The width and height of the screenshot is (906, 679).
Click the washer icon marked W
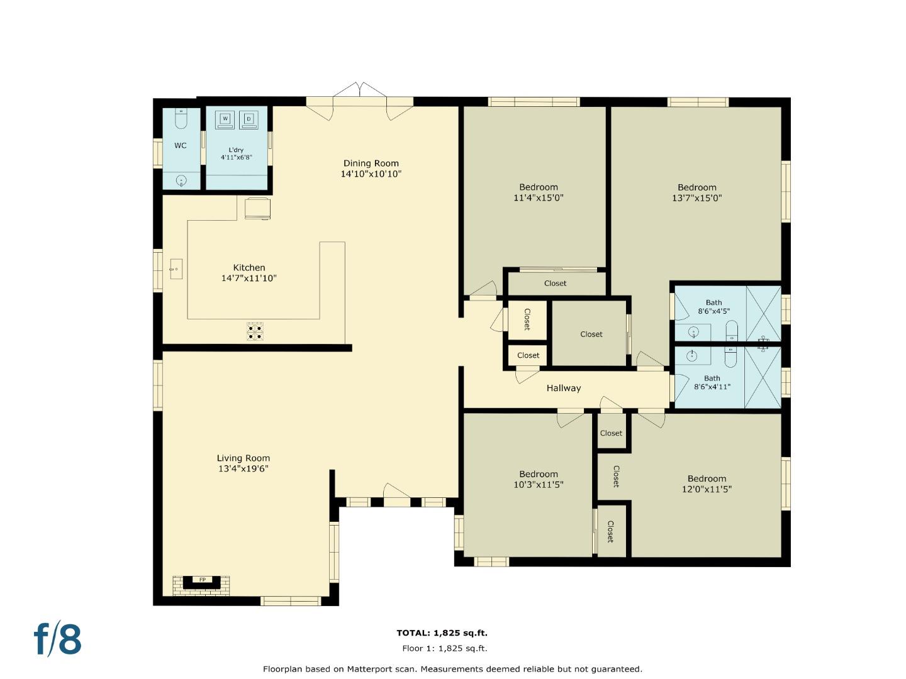point(225,119)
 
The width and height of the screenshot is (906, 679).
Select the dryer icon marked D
point(249,119)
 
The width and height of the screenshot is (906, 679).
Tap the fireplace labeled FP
point(202,580)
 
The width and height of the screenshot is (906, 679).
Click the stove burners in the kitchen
point(255,332)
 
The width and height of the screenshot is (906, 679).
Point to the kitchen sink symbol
point(176,269)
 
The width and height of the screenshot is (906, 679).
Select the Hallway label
point(563,388)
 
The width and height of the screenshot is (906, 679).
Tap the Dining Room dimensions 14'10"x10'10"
point(371,174)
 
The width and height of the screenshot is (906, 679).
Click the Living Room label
point(243,458)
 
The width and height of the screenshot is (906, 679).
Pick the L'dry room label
point(236,150)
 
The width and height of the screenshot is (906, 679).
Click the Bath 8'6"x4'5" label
point(713,307)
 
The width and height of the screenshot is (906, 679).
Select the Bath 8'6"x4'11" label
point(712,382)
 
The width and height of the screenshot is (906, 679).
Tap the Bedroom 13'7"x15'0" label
point(696,192)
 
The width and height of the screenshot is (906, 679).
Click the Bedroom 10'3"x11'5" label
point(538,479)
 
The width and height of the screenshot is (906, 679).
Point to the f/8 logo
point(57,639)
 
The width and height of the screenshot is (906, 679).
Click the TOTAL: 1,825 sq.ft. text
point(442,633)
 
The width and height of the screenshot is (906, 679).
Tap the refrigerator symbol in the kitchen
point(257,209)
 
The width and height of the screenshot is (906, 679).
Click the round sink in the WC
point(181,181)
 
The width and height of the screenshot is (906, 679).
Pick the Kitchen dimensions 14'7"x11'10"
point(249,278)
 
